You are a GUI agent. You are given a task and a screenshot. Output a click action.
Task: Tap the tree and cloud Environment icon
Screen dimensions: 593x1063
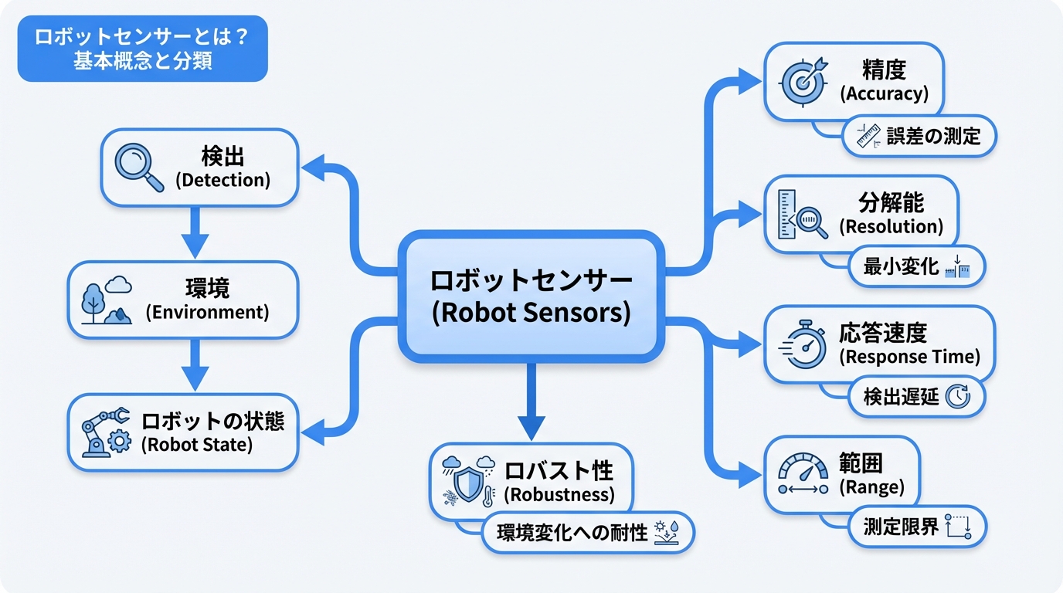[107, 301]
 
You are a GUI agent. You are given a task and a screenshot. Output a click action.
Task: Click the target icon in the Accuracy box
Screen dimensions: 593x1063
[803, 80]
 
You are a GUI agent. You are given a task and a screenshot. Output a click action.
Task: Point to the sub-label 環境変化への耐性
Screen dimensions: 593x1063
[572, 533]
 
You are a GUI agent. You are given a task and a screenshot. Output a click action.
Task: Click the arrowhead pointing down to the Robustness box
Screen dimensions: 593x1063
[531, 427]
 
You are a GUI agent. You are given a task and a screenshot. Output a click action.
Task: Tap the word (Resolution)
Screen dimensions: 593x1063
[891, 227]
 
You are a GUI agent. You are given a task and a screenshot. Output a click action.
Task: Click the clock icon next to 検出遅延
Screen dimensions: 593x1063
[958, 397]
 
